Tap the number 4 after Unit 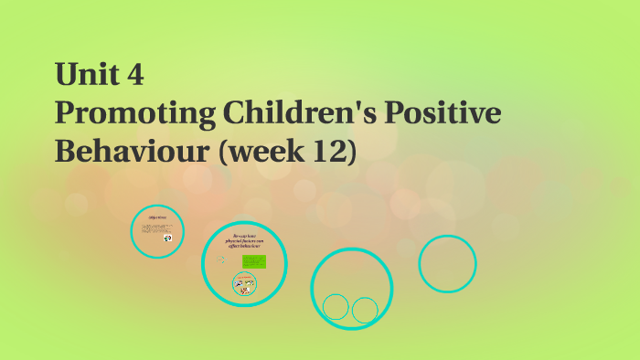click(x=133, y=74)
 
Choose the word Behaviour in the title click(x=118, y=152)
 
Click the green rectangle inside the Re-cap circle click(x=253, y=262)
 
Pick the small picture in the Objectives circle click(x=168, y=238)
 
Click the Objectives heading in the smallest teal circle click(x=156, y=218)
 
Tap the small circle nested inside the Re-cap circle click(x=244, y=285)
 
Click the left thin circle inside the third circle click(x=336, y=307)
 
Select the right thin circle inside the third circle click(x=365, y=311)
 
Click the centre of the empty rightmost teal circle click(x=447, y=264)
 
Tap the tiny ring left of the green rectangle click(x=222, y=259)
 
